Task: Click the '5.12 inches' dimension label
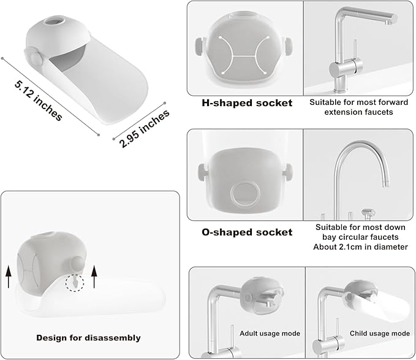pyautogui.click(x=38, y=101)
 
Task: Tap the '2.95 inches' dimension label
pyautogui.click(x=145, y=128)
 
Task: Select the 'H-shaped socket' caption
pyautogui.click(x=247, y=103)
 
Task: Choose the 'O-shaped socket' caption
pyautogui.click(x=247, y=232)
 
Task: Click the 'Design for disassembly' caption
pyautogui.click(x=88, y=338)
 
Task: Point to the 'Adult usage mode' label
pyautogui.click(x=270, y=334)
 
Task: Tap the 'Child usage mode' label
pyautogui.click(x=380, y=333)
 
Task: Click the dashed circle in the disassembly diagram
pyautogui.click(x=75, y=283)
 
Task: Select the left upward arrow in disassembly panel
pyautogui.click(x=9, y=277)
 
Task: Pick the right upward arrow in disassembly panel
pyautogui.click(x=94, y=277)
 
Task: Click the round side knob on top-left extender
pyautogui.click(x=35, y=57)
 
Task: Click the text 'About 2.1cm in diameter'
pyautogui.click(x=360, y=247)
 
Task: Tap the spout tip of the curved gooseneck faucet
pyautogui.click(x=386, y=184)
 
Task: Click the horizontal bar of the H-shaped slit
pyautogui.click(x=244, y=56)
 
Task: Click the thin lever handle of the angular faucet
pyautogui.click(x=355, y=50)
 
